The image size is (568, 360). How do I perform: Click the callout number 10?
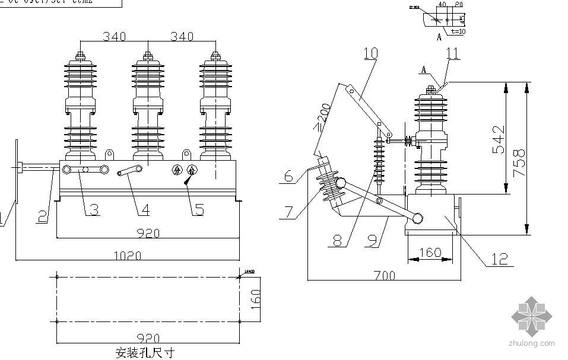[x=370, y=53]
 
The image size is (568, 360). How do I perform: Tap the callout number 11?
[x=452, y=53]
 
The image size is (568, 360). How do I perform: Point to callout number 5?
[x=199, y=209]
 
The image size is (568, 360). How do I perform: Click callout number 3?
[x=93, y=209]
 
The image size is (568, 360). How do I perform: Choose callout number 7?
[x=288, y=212]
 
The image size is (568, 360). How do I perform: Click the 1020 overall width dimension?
[x=127, y=256]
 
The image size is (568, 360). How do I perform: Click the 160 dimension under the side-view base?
[x=430, y=253]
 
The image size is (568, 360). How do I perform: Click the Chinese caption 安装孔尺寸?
[x=145, y=352]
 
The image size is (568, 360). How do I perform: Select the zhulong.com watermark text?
[x=531, y=343]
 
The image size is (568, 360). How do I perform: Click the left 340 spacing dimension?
[x=113, y=37]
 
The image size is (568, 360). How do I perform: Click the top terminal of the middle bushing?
[x=147, y=57]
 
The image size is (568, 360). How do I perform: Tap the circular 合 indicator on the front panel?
[x=192, y=171]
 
